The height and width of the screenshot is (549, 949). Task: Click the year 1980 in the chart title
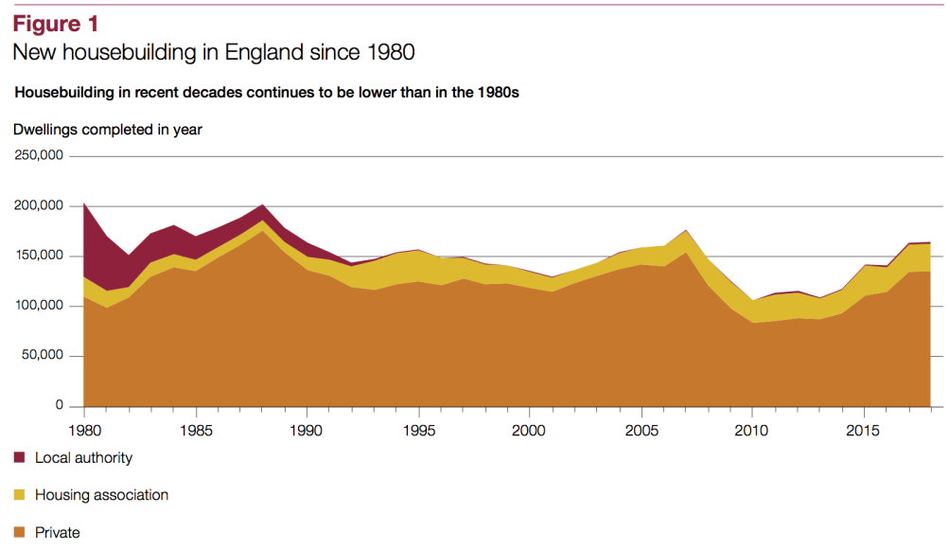click(x=390, y=52)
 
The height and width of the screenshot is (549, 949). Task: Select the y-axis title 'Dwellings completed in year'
click(x=107, y=130)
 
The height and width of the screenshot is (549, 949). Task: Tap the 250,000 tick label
click(x=38, y=155)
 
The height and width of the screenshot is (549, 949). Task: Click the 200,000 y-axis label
click(x=38, y=205)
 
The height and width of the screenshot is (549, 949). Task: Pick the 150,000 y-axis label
click(x=38, y=256)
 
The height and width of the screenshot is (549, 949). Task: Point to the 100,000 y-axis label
click(x=38, y=306)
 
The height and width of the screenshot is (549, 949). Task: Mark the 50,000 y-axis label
click(x=42, y=356)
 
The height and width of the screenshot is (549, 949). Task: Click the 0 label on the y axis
click(x=59, y=406)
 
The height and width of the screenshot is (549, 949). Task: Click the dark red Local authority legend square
click(x=19, y=458)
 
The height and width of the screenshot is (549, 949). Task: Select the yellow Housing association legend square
click(x=19, y=495)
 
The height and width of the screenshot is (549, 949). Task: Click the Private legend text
click(x=58, y=533)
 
